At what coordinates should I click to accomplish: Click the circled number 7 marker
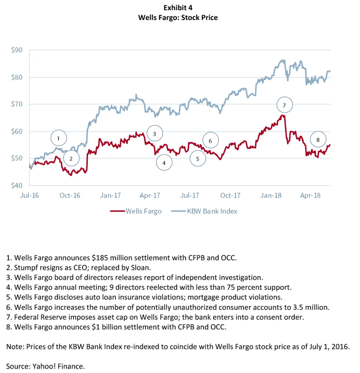tap(284, 106)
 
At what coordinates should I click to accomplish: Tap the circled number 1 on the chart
tap(59, 138)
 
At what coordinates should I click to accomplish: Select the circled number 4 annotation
tap(164, 163)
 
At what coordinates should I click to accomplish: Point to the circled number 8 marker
tap(318, 140)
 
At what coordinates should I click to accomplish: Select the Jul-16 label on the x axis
tap(29, 196)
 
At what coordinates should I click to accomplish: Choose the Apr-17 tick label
tap(150, 196)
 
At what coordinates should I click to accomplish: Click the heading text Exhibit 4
tap(178, 8)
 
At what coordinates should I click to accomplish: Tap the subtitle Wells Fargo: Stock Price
tap(178, 17)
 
